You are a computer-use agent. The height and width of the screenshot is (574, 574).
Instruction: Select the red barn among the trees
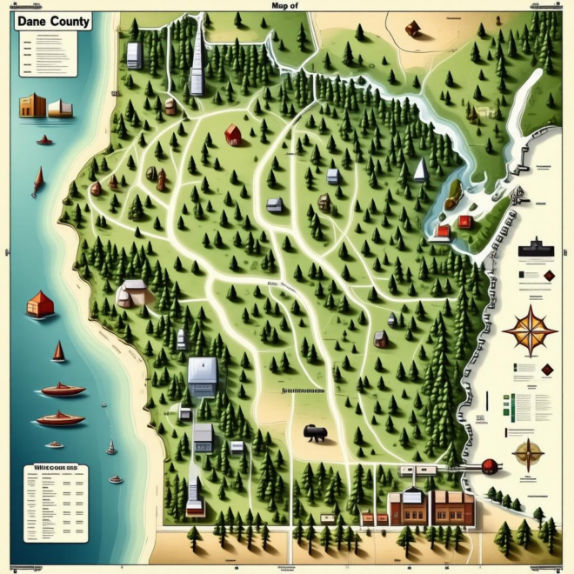tap(232, 135)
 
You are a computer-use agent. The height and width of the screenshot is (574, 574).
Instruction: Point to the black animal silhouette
tap(314, 431)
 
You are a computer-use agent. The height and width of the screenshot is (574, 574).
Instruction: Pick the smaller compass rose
tap(529, 453)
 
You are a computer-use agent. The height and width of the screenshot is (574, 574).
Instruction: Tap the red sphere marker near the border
tap(489, 466)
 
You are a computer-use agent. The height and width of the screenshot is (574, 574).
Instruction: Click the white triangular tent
tap(421, 170)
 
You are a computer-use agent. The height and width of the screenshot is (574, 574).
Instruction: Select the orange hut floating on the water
tap(40, 304)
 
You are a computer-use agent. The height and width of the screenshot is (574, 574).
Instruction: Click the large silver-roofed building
tap(203, 376)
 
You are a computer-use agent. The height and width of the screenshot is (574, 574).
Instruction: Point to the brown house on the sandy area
tap(413, 29)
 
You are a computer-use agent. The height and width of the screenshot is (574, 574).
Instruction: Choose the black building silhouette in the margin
tap(536, 250)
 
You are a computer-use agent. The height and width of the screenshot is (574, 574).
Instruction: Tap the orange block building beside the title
tap(32, 106)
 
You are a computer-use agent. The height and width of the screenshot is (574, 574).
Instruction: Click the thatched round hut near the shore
tap(131, 294)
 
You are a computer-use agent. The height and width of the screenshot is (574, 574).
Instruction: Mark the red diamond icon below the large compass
tap(546, 370)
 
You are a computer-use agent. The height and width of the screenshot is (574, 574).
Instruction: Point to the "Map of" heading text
tap(285, 5)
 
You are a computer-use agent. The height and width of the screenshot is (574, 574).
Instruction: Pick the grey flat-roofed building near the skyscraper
tap(134, 56)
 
